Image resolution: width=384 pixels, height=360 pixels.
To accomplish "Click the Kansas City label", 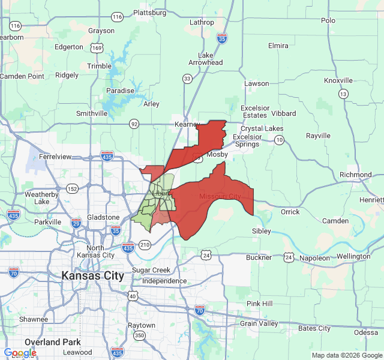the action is point(93,276).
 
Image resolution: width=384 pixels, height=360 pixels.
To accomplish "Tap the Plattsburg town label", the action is point(149,12).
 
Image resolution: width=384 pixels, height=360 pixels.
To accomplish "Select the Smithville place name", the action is point(92,113).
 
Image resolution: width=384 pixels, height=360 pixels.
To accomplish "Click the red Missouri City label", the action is point(220,197).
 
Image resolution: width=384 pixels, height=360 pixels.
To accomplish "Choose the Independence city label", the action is point(164,281).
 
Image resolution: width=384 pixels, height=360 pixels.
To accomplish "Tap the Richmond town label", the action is point(355,175).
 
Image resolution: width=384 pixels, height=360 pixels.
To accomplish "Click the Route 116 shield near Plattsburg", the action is point(118,17).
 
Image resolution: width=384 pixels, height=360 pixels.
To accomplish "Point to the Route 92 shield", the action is point(134,124).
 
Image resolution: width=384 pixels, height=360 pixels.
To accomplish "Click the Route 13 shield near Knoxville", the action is point(343,94).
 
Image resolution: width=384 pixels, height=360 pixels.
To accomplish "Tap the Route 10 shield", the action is point(280,140).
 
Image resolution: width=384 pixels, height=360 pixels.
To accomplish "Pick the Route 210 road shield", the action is point(145,244).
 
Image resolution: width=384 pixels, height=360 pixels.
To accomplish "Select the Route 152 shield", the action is point(73,189).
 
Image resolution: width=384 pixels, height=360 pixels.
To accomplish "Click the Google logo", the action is point(20,353).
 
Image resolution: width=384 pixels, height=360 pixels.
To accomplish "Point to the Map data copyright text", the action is point(347,355).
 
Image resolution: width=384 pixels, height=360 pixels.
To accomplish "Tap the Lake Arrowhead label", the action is point(206,58).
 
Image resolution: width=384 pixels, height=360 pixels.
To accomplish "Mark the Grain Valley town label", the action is point(259,323).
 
